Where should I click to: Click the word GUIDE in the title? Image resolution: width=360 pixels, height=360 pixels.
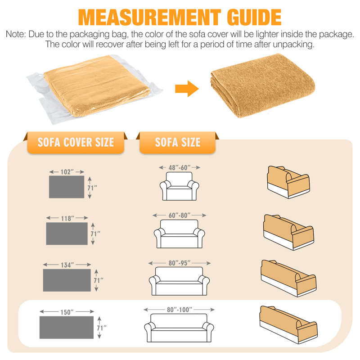coord(254,18)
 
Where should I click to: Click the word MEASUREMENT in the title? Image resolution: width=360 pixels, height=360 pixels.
coord(149,18)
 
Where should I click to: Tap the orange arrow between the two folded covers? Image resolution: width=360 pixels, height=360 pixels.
coord(187,89)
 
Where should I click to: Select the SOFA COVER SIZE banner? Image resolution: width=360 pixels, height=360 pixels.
coord(76,142)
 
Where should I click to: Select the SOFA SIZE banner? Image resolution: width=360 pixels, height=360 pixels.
coord(177,142)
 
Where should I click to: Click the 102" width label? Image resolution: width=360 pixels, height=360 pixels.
coord(67,172)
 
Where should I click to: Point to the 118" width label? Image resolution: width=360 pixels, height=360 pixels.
coord(67,218)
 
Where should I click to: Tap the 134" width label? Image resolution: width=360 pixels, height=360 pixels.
coord(67,265)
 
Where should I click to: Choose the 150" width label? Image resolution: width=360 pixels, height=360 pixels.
coord(67,312)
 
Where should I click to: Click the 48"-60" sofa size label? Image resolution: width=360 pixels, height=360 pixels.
coord(180,167)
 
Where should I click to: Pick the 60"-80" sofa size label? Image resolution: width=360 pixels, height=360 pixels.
coord(180,216)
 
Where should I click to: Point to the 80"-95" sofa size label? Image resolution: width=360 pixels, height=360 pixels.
coord(180,263)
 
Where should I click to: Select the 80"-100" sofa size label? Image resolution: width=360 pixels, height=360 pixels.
coord(179,310)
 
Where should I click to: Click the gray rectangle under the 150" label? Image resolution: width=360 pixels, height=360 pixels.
coord(67,328)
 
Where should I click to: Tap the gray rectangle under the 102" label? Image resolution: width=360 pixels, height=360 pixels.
coord(67,187)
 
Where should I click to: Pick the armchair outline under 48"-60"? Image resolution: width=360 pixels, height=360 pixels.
coord(179,186)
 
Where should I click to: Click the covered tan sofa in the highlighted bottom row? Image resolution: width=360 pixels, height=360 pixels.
coord(288,324)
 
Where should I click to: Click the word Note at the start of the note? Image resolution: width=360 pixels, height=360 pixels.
coord(15,34)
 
